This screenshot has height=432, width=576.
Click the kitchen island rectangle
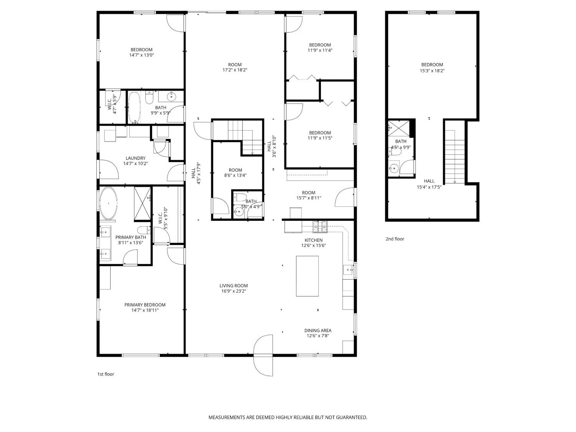[x=307, y=276]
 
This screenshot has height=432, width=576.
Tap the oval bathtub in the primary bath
[x=108, y=203]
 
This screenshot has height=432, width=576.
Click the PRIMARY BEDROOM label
[x=145, y=305]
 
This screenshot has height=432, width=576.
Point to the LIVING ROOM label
[x=233, y=286]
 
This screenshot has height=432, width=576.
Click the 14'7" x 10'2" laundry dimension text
[x=136, y=164]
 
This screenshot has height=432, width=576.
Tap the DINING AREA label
[x=318, y=331]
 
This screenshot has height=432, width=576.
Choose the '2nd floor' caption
[x=395, y=239]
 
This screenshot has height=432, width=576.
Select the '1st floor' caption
[x=106, y=374]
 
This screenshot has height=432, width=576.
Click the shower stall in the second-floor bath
[x=399, y=128]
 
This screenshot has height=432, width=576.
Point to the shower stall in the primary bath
[x=142, y=204]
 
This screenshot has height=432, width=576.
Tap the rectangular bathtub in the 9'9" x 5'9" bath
[x=135, y=108]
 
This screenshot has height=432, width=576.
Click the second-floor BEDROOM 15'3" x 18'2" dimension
[x=432, y=71]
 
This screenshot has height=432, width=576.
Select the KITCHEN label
[x=314, y=240]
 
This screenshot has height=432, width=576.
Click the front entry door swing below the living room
[x=263, y=356]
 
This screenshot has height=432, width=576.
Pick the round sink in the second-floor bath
[x=394, y=167]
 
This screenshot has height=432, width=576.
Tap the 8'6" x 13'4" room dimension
[x=235, y=175]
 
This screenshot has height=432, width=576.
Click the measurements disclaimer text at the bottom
[x=288, y=417]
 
